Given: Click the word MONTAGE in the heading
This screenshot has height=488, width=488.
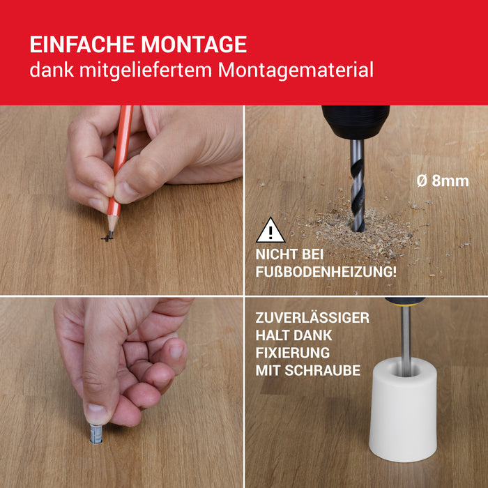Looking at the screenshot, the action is point(194,45).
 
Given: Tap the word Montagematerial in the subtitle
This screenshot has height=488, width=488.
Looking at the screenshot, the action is point(296,70).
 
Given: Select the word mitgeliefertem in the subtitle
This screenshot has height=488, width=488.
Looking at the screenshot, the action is point(145,70).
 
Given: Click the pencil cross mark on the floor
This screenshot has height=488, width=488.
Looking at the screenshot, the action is point(107,238).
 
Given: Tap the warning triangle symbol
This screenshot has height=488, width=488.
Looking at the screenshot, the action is point(270,230).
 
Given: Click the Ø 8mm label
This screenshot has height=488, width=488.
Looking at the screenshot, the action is point(443,181).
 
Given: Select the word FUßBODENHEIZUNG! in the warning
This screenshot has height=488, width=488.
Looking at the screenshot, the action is point(326,272).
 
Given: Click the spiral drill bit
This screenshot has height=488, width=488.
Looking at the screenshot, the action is point(358,185).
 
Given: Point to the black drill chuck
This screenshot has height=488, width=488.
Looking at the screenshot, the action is point(356,122).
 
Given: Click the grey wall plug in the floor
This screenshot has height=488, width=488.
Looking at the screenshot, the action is point(96,434).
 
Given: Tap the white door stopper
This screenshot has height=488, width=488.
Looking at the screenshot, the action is point(404,410).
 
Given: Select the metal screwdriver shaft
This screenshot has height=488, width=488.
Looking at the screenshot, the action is point(406,340).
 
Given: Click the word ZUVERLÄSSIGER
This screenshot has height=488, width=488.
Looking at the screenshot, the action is point(312,318).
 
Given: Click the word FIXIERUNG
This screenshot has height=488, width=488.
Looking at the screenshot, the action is point(293,353).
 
